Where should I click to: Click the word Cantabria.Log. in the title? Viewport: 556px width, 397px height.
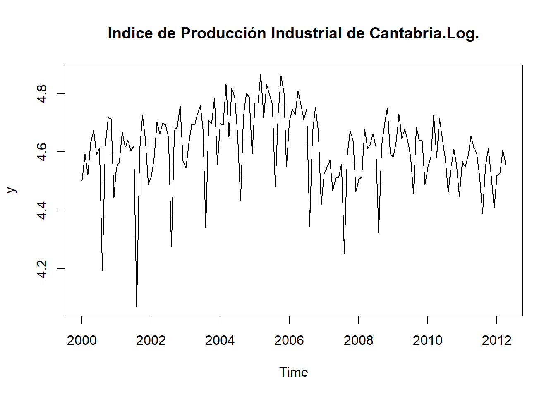point(424,33)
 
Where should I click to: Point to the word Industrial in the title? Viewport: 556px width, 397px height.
point(307,33)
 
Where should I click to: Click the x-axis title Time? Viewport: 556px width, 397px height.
point(293,372)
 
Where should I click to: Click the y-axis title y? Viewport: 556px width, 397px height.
point(12,190)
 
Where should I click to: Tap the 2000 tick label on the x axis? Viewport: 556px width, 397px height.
point(82,340)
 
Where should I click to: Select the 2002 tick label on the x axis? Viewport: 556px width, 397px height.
point(151,340)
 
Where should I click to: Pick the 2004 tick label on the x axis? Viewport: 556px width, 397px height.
point(220,340)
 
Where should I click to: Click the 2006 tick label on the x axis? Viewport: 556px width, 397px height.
point(289,340)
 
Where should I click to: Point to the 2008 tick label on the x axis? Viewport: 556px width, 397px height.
point(358,340)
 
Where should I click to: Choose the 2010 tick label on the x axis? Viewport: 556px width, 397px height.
point(428,340)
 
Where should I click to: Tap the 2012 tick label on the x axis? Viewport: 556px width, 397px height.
point(497,340)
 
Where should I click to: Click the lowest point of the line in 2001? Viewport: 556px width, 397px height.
point(137,306)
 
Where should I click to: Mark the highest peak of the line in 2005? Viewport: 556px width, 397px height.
point(261,74)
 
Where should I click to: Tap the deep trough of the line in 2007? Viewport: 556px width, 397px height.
point(344,253)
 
